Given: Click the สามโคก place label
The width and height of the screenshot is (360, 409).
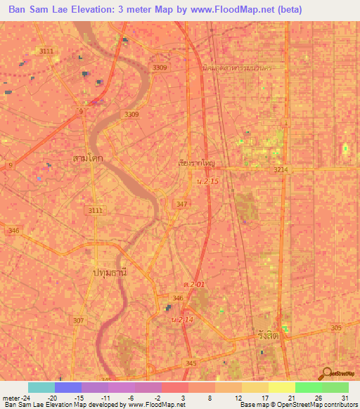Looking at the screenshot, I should pos(87,158).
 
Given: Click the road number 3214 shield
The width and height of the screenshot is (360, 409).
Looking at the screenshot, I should pos(281,170).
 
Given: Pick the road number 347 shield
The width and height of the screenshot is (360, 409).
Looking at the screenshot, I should pos(181,204).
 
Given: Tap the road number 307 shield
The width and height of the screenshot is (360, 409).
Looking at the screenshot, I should pos(79,320).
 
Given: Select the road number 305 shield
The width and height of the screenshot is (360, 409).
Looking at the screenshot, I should pos(336,328).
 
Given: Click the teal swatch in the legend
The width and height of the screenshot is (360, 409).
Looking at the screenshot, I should pos(41,387).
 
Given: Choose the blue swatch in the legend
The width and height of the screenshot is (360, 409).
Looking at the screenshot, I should pos(68,387).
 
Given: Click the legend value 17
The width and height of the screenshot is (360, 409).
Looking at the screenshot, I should pos(264,398).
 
